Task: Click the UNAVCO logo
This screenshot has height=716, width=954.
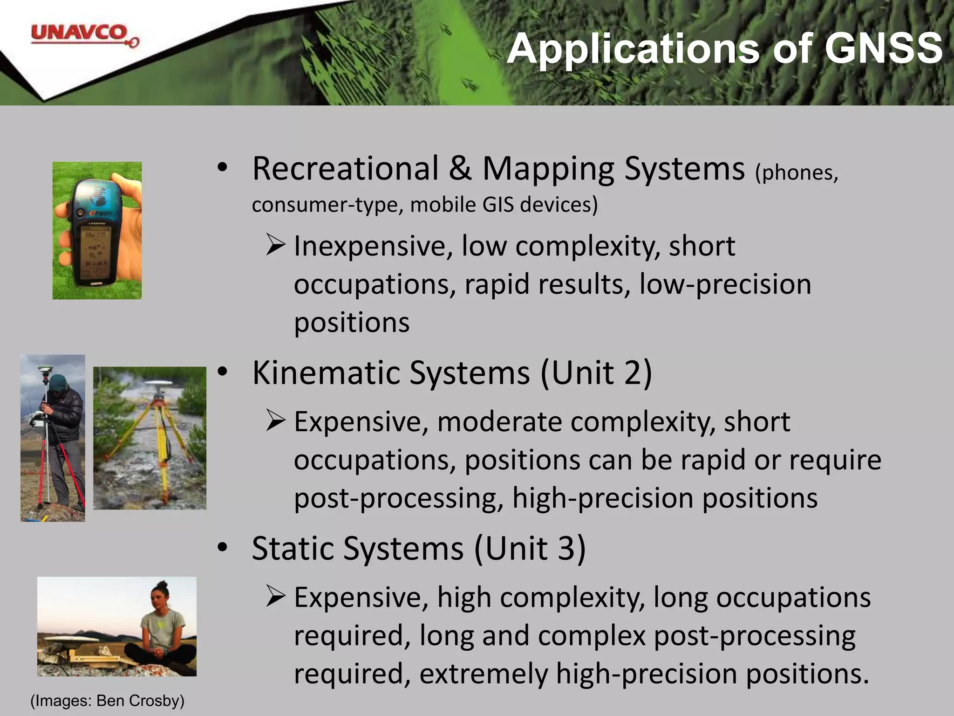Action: pyautogui.click(x=84, y=36)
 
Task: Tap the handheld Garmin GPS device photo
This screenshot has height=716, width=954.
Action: pyautogui.click(x=97, y=230)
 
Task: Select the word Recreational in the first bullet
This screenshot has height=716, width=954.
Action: pyautogui.click(x=345, y=168)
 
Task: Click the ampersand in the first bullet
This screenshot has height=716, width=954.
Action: pyautogui.click(x=460, y=168)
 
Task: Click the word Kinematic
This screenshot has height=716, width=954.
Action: pyautogui.click(x=326, y=373)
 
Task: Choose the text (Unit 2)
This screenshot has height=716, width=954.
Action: pyautogui.click(x=596, y=373)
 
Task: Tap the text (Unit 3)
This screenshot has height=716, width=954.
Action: pyautogui.click(x=530, y=548)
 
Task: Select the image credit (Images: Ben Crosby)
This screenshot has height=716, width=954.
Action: pyautogui.click(x=107, y=701)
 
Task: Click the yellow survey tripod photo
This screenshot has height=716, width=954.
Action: pyautogui.click(x=150, y=438)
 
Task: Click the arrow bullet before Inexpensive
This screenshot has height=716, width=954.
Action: pyautogui.click(x=276, y=245)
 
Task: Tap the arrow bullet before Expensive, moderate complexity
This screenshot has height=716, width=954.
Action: pyautogui.click(x=276, y=421)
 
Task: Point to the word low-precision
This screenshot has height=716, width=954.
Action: pyautogui.click(x=725, y=284)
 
